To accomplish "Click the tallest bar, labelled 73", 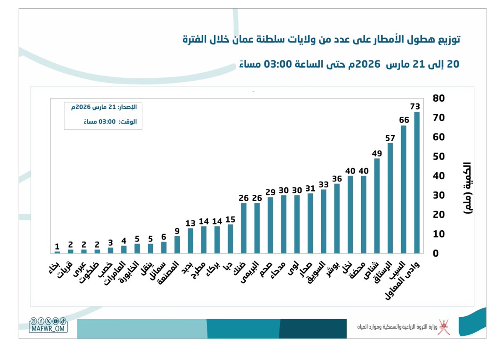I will [417, 183].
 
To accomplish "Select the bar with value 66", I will [404, 189].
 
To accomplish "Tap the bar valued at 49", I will [377, 206].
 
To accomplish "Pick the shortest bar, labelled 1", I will [57, 252].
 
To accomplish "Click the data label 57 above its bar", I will [390, 138].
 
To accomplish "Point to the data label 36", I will [337, 178].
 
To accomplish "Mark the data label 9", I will [177, 231].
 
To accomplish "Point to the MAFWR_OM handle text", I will [48, 329].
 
